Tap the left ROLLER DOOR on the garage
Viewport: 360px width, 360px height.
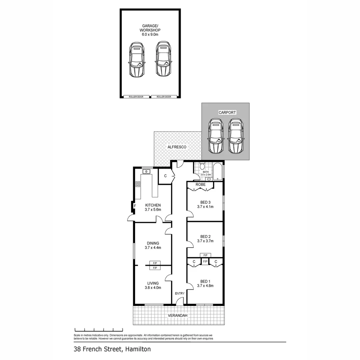click(137, 97)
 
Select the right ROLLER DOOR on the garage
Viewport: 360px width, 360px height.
click(163, 97)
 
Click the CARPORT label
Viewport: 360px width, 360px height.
click(227, 113)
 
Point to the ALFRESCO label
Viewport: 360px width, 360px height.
click(177, 147)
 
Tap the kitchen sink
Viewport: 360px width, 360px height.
click(147, 172)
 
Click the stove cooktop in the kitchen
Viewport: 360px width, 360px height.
click(137, 184)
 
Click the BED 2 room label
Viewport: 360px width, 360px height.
click(205, 236)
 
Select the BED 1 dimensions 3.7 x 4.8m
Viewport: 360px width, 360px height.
click(205, 286)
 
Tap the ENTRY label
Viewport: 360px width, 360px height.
click(180, 293)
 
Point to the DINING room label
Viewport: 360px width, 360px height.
click(153, 243)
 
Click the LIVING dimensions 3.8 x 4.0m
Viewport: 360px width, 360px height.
click(153, 288)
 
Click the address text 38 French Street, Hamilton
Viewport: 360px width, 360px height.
click(112, 350)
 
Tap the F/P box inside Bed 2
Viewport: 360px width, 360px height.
click(205, 255)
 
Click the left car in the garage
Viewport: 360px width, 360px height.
click(137, 60)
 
